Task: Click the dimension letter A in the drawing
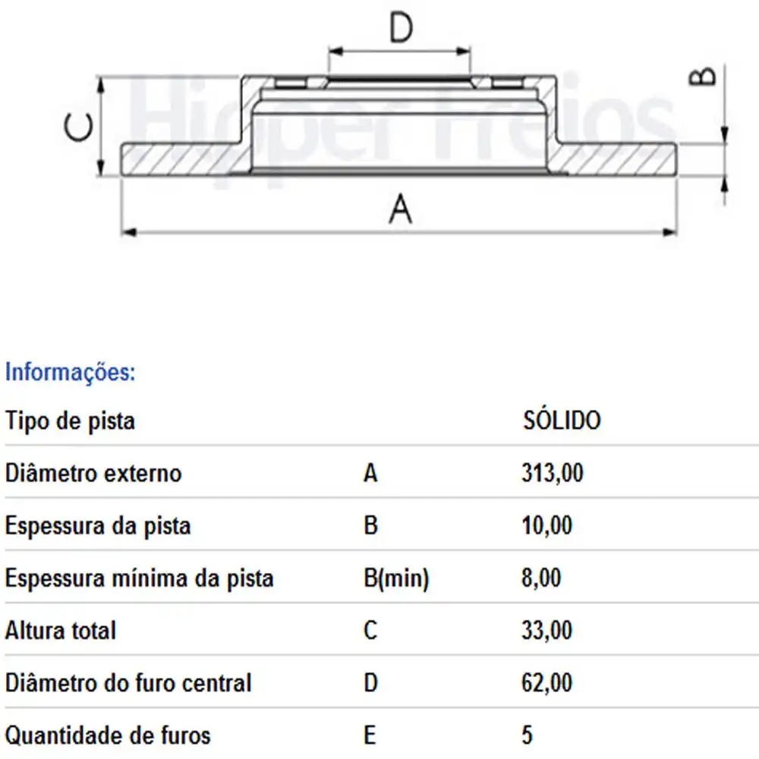400,209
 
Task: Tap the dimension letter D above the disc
400,28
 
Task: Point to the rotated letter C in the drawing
80,128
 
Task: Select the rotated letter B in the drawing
703,77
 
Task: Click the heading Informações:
70,373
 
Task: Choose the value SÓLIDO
562,420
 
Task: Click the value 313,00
553,474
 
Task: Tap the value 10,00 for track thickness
547,525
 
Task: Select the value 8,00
541,578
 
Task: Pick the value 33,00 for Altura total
547,630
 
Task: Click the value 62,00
547,682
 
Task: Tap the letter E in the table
370,735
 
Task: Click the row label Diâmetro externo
93,474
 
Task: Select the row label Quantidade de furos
108,735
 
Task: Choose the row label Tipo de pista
70,420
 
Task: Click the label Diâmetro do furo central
128,682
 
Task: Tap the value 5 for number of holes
528,735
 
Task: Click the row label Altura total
61,630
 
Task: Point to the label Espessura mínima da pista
139,578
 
